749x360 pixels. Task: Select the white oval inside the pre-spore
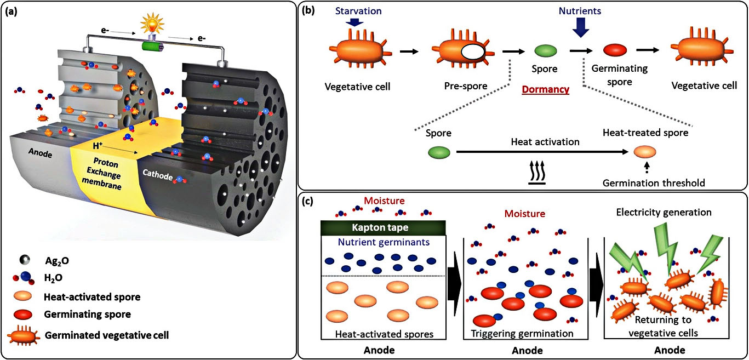pos(472,53)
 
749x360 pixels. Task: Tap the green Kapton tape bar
pos(382,226)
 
